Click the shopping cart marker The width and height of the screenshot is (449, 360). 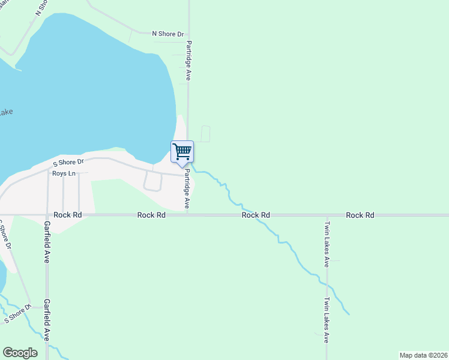click(181, 151)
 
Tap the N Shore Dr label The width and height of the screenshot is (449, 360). click(168, 34)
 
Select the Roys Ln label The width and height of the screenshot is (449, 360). click(64, 174)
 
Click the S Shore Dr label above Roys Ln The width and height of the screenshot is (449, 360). click(68, 163)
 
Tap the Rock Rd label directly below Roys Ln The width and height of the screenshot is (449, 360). click(67, 215)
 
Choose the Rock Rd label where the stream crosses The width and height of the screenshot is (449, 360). click(256, 215)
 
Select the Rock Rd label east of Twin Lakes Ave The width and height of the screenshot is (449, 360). click(360, 215)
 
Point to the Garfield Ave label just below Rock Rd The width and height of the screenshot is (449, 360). click(47, 242)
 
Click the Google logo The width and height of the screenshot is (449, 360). click(20, 353)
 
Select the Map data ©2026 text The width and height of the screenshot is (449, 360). click(424, 355)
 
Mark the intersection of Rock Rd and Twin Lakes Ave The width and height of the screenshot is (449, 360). click(327, 215)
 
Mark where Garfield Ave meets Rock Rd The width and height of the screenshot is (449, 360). click(47, 215)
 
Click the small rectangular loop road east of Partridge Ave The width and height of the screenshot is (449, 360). click(205, 134)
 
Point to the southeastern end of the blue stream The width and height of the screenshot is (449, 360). click(349, 313)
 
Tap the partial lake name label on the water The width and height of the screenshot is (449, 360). click(6, 112)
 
